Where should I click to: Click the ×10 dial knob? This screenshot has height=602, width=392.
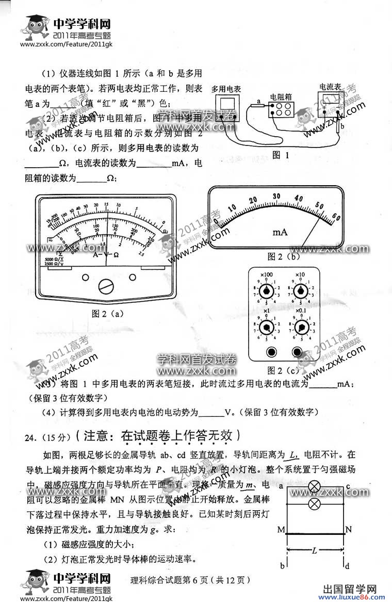pos(298,291)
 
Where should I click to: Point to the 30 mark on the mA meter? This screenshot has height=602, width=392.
pos(276,196)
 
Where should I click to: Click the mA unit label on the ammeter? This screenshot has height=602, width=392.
pos(280,233)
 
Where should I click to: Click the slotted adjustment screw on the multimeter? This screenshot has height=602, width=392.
pos(106,285)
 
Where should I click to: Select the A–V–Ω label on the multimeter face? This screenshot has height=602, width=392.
pos(106,255)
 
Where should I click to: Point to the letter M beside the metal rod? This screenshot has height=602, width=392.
pos(281,530)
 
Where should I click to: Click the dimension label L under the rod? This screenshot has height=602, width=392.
pos(314,550)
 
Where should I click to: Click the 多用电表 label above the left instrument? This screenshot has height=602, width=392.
pos(226,89)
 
